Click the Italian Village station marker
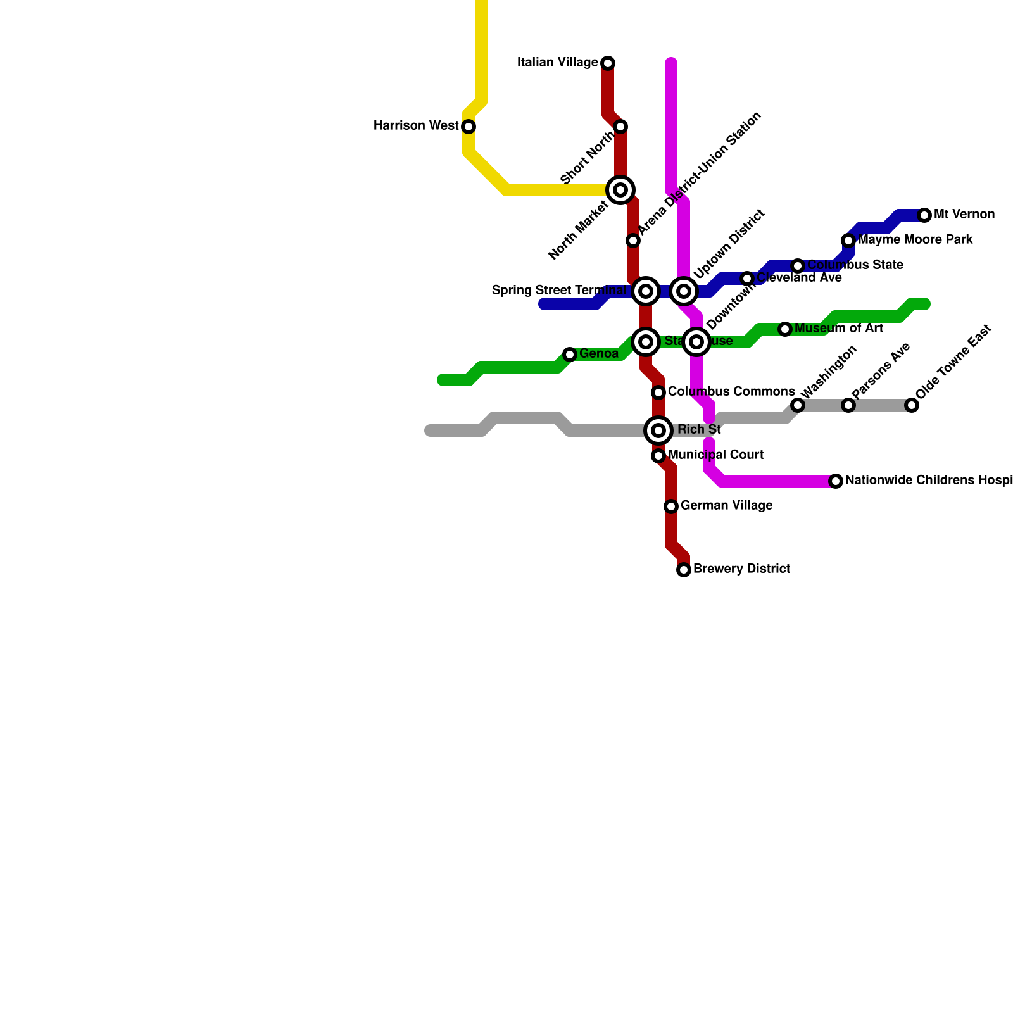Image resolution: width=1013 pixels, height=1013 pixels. [x=608, y=63]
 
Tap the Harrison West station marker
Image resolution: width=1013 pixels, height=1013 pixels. [x=469, y=127]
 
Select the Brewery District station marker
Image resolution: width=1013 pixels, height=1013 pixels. [x=684, y=570]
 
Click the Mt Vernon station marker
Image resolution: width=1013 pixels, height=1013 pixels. [x=924, y=215]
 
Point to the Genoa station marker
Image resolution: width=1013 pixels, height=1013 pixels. [x=570, y=355]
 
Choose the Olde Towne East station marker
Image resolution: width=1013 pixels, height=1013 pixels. [x=912, y=405]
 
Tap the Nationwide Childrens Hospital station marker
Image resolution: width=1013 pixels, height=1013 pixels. [x=836, y=481]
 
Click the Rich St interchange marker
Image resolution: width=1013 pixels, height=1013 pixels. [x=658, y=431]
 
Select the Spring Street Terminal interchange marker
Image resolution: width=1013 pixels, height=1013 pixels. [x=646, y=291]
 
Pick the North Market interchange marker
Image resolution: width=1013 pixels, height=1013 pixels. [x=620, y=190]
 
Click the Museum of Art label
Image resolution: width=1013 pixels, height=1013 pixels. [x=838, y=329]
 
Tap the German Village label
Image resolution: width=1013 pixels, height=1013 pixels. [x=726, y=506]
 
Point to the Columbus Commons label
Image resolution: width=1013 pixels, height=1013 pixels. [x=731, y=392]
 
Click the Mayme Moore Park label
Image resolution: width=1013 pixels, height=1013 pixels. [x=915, y=240]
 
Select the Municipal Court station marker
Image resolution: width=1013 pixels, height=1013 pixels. [x=658, y=456]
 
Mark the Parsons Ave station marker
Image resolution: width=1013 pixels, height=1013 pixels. [x=848, y=405]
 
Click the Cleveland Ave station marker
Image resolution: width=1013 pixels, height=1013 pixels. [x=747, y=279]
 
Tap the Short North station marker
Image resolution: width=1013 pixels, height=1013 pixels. [x=620, y=127]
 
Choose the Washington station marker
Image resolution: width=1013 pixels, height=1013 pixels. [x=798, y=405]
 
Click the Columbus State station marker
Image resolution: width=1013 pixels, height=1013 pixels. [x=798, y=266]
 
